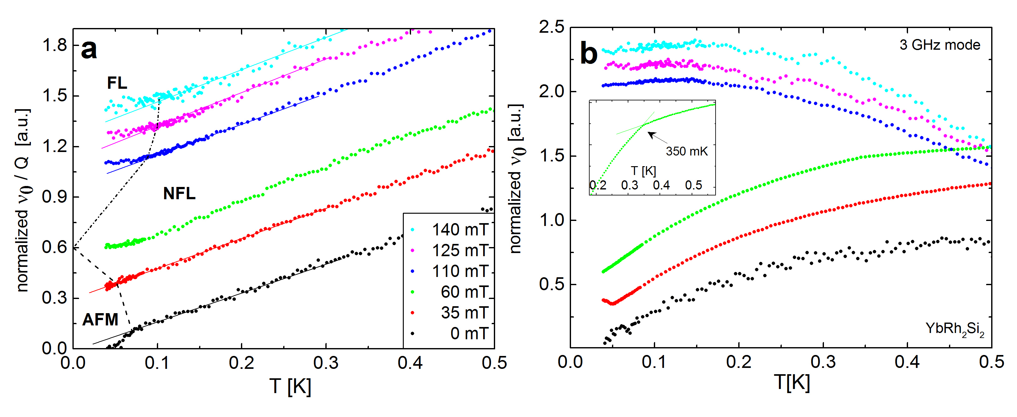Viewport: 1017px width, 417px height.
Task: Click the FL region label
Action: (x=117, y=83)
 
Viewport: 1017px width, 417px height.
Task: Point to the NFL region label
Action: (x=179, y=194)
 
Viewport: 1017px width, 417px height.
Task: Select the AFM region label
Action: (x=100, y=319)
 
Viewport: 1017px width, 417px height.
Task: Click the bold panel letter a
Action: (x=89, y=50)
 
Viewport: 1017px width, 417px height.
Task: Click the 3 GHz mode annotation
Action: (x=940, y=45)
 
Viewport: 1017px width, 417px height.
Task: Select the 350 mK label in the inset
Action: (x=687, y=151)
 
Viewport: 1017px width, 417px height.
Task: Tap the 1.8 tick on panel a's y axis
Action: (x=55, y=45)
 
